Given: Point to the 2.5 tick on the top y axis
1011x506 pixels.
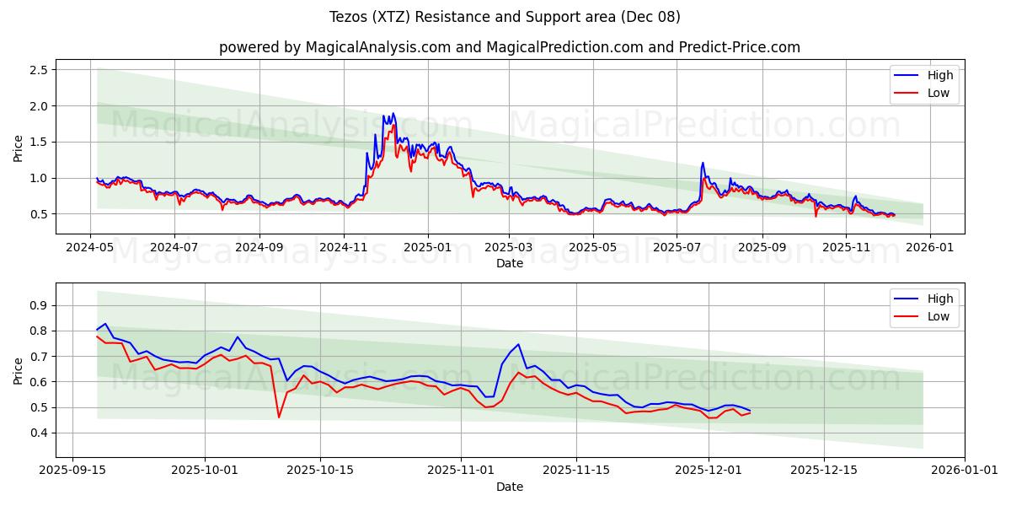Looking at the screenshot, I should point(37,69).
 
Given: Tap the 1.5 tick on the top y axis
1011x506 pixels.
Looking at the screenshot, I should point(37,142).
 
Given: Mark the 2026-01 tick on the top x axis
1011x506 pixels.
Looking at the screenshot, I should point(929,247).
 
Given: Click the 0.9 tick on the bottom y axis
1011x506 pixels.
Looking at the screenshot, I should point(37,305).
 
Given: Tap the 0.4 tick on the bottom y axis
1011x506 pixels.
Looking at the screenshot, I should point(37,433).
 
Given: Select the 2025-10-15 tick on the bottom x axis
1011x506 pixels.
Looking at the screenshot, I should point(320,471).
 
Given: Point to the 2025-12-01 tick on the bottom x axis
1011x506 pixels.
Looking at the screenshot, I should point(709,471).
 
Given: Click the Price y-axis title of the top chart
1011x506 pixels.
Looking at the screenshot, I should point(19,148).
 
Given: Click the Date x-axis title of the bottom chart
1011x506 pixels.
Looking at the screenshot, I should point(509,487).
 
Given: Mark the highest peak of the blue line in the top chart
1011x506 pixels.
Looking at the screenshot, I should point(393,113).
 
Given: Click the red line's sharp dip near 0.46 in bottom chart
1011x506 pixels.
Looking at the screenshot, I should point(279,417).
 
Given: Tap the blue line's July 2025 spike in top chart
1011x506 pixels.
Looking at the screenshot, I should point(703,163).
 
